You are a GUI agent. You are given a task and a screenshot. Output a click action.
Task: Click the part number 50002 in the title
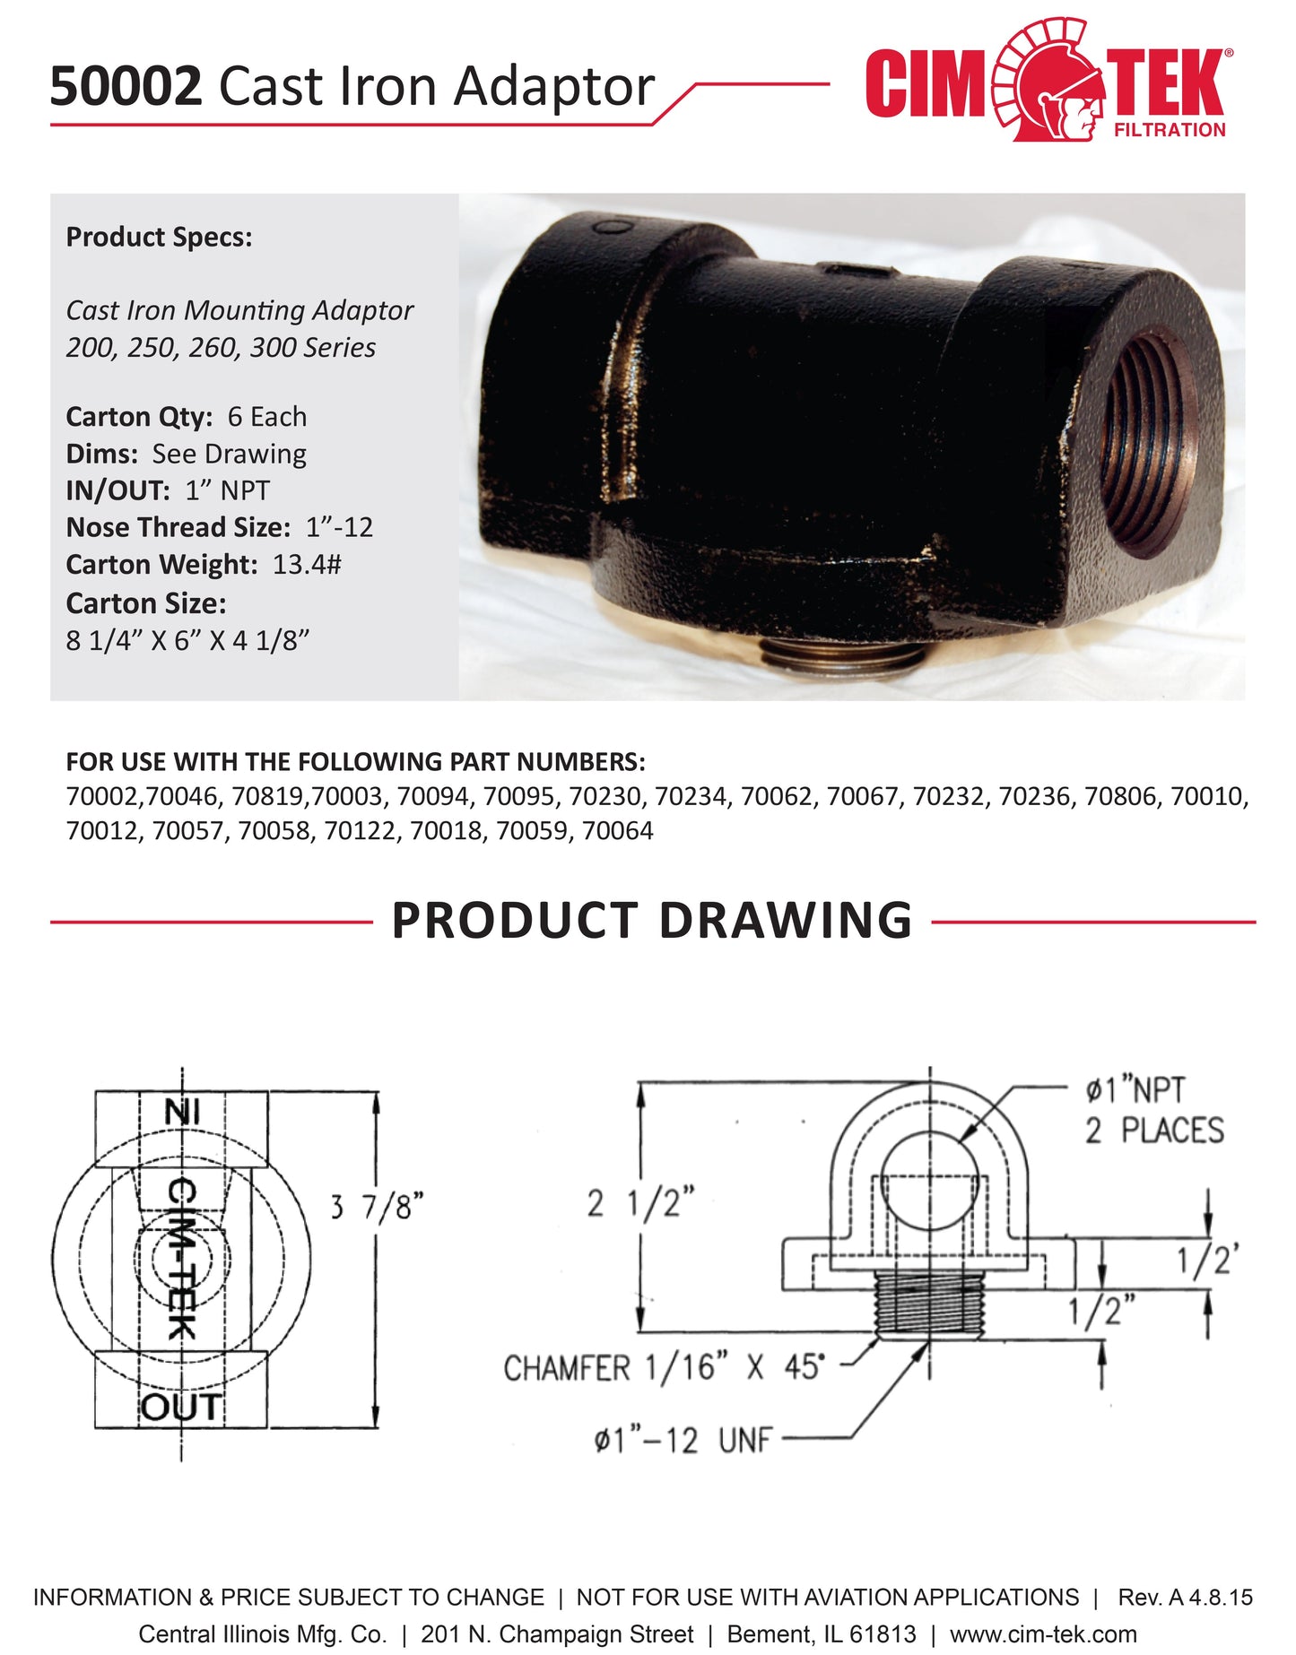[126, 87]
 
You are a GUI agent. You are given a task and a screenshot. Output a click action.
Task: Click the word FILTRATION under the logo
[1169, 130]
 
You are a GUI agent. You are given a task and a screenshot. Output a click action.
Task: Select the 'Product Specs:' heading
[159, 238]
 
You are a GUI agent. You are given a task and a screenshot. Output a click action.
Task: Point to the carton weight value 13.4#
[307, 565]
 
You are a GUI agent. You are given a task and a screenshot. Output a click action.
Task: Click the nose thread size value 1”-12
[339, 527]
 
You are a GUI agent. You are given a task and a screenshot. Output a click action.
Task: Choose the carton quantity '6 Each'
[266, 417]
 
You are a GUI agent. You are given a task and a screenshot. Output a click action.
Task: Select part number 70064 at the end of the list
[617, 831]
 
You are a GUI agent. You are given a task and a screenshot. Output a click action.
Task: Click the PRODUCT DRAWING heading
[652, 921]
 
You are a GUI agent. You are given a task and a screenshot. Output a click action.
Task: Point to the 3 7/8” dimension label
[376, 1207]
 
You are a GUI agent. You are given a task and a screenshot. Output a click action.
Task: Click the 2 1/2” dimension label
[640, 1203]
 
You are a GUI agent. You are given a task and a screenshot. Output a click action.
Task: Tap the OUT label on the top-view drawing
[180, 1408]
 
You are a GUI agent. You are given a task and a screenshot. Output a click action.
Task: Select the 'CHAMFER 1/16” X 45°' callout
[663, 1368]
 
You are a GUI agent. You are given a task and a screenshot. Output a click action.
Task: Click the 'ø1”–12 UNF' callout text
[683, 1441]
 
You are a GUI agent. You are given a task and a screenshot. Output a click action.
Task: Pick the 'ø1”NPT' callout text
[1135, 1090]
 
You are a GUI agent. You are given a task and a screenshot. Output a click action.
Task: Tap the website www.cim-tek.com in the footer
[1043, 1634]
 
